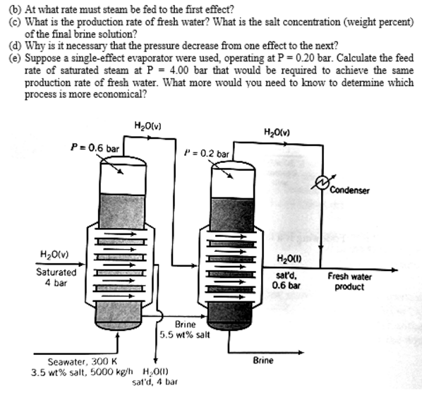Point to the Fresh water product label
tap(350, 281)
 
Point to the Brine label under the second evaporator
tap(263, 360)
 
